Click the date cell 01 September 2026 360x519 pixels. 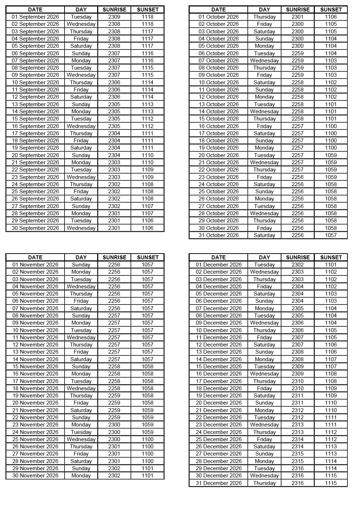(x=35, y=17)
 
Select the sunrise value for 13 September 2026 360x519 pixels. (x=114, y=104)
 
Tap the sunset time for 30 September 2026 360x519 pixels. (x=147, y=228)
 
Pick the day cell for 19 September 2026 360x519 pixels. (x=81, y=148)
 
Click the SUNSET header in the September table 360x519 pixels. (x=147, y=10)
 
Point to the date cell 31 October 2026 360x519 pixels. (x=218, y=235)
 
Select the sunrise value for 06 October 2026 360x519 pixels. (x=298, y=53)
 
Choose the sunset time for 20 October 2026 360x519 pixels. (x=331, y=155)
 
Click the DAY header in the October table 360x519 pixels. (x=264, y=10)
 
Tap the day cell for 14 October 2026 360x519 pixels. (x=264, y=112)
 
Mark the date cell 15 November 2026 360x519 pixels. (x=35, y=367)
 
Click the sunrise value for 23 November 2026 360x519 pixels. (x=114, y=425)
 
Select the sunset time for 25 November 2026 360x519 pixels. (x=147, y=439)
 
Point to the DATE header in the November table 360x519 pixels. (x=35, y=258)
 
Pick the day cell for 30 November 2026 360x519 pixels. (x=81, y=476)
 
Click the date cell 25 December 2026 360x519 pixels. (x=218, y=439)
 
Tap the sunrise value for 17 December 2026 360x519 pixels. (x=298, y=381)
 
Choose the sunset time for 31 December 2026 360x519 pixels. (x=331, y=483)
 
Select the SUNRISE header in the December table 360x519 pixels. (x=298, y=258)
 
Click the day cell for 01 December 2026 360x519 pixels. (x=264, y=265)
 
